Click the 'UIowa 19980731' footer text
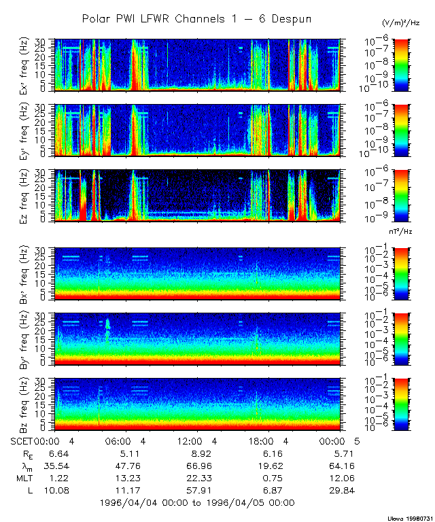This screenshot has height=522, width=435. pos(406,517)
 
